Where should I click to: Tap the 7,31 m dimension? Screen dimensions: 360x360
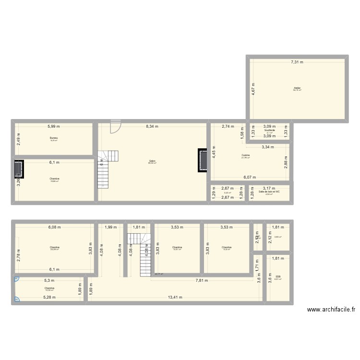coord(296,62)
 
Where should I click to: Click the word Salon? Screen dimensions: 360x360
coord(152,161)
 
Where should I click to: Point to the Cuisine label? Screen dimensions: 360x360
coord(245,156)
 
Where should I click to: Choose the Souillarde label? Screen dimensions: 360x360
coord(269,130)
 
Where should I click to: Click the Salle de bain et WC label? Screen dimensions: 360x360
coord(269,192)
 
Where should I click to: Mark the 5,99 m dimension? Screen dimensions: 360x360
coord(54,127)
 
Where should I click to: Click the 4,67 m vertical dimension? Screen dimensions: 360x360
coord(253,89)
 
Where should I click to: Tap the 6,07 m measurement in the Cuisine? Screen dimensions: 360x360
coord(250,177)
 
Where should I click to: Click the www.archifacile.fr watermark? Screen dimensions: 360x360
coord(331,310)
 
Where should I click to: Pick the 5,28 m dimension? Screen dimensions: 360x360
coord(48,297)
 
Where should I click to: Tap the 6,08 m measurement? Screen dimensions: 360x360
coord(54,228)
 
